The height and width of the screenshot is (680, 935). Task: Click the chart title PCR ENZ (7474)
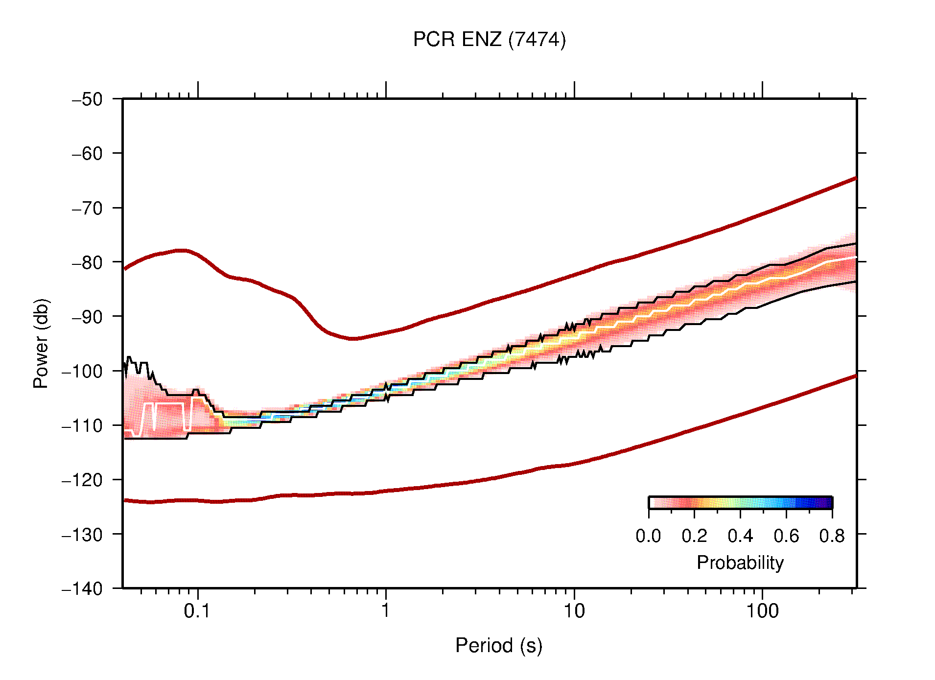click(489, 40)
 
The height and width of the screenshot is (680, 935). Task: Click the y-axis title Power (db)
click(41, 343)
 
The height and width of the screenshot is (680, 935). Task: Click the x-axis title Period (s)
click(498, 645)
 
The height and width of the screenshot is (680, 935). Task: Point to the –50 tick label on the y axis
click(87, 99)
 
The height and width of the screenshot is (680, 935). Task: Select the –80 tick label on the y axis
click(87, 262)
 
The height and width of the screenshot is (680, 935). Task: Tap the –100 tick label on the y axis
click(82, 371)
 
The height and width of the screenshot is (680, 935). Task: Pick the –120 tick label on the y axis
click(82, 480)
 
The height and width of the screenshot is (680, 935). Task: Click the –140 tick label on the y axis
click(82, 588)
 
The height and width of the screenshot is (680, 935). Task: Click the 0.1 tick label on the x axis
click(197, 611)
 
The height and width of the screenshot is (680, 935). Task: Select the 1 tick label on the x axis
click(386, 611)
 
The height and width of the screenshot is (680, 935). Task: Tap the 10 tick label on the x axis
click(574, 611)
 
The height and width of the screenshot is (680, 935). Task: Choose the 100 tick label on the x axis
click(762, 611)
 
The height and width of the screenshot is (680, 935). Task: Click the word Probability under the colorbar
click(740, 563)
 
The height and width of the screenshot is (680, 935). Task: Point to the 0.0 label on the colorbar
click(648, 536)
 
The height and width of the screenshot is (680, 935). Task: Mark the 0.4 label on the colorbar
click(740, 536)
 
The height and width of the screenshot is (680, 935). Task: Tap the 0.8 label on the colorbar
click(832, 536)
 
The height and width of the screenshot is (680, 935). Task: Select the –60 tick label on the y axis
click(87, 154)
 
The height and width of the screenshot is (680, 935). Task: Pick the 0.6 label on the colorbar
click(786, 536)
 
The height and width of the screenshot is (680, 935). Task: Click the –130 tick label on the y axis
click(82, 534)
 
